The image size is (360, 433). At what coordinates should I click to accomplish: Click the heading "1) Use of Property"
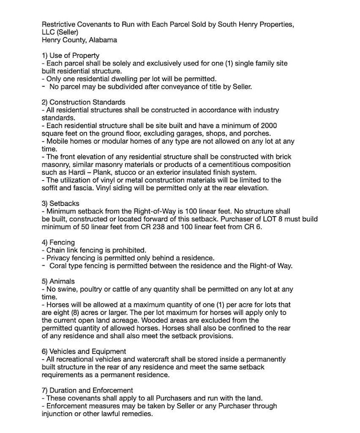coord(70,55)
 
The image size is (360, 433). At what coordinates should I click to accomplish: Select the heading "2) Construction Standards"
coord(83,102)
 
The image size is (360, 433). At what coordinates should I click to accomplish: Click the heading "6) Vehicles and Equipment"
coord(84,352)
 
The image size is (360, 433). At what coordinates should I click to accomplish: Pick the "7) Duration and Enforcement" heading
coord(88,390)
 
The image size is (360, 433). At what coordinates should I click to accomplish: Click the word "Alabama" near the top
coord(102,40)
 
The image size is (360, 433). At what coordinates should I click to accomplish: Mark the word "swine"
coord(65,289)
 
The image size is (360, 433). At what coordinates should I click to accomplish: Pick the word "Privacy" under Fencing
coord(58,258)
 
